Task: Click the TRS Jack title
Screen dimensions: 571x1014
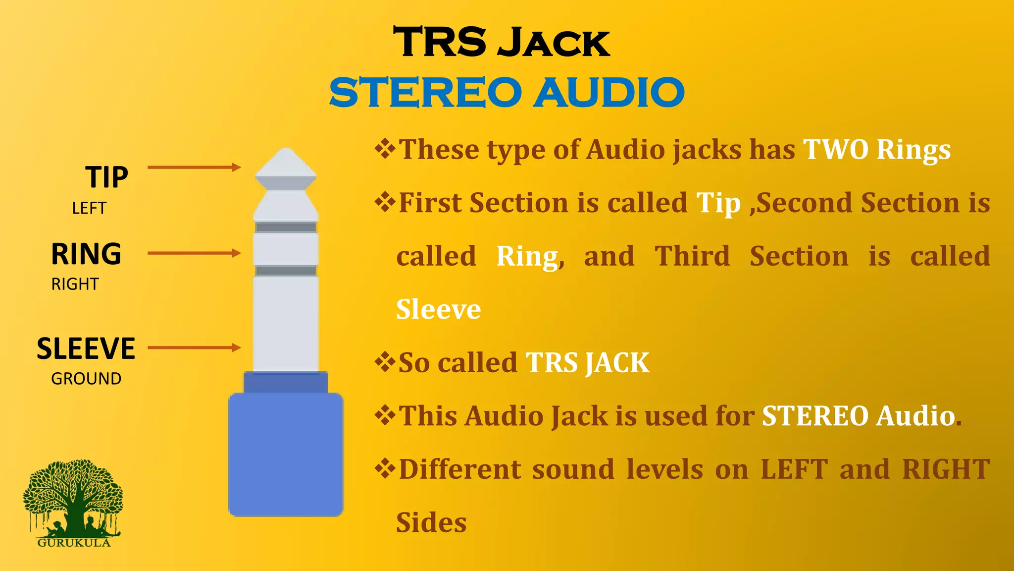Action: pos(501,43)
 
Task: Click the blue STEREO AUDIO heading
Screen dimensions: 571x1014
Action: pos(507,93)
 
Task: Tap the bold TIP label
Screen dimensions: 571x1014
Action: pos(106,177)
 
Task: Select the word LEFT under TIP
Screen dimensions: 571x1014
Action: pos(89,208)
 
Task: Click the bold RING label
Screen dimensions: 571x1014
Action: pos(87,254)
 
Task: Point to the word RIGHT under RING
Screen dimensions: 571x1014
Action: pos(75,284)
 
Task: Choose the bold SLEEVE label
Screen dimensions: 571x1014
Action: pos(86,348)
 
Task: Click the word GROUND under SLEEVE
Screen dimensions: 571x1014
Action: pos(86,379)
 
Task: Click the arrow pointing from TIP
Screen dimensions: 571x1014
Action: pos(194,168)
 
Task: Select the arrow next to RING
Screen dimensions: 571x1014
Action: pos(194,253)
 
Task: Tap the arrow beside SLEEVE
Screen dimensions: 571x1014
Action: pos(194,348)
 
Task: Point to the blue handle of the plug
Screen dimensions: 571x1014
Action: pos(286,454)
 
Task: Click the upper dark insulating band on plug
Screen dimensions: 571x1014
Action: pos(286,228)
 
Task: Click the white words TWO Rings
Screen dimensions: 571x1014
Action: pos(876,149)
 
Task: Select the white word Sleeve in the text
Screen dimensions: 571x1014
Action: pos(438,309)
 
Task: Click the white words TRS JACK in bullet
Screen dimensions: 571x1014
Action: pos(587,363)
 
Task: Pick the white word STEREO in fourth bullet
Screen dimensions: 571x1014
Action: pos(815,416)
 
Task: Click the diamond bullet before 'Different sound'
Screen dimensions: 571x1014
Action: pos(385,468)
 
